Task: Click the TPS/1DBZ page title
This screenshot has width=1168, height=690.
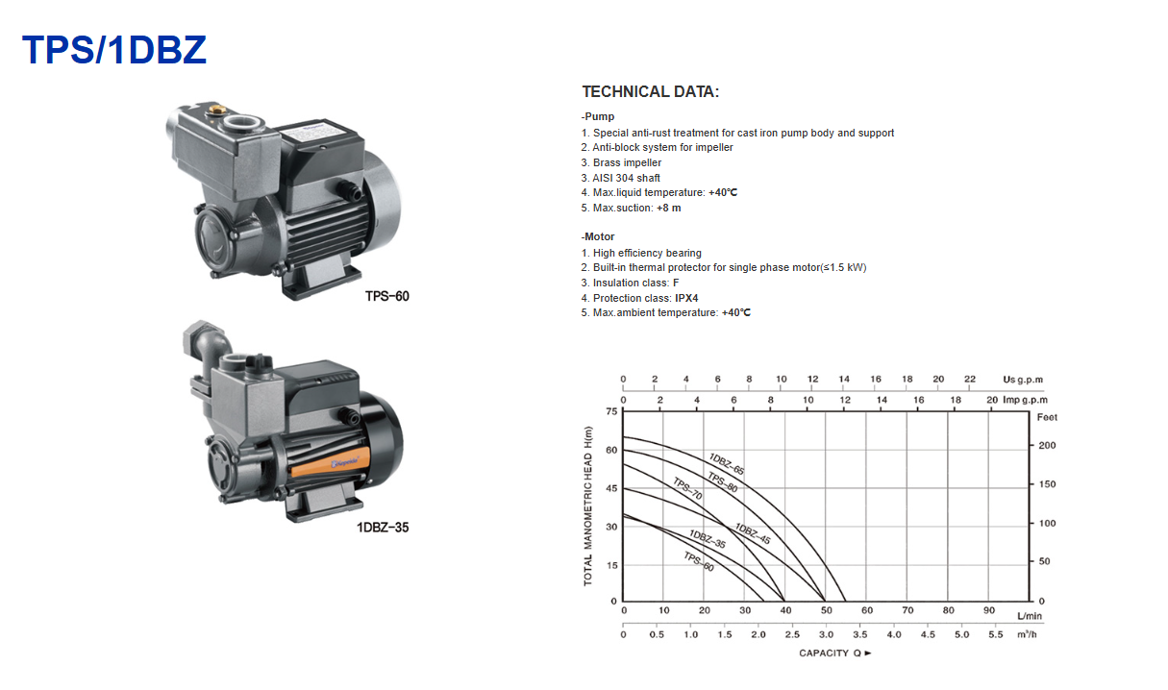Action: (x=114, y=50)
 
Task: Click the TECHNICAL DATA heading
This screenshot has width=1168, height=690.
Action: (x=650, y=91)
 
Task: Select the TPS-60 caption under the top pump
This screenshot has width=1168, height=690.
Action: (x=386, y=296)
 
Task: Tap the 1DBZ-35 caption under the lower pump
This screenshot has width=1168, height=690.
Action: (x=383, y=528)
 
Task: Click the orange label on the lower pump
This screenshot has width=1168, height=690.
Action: (x=330, y=463)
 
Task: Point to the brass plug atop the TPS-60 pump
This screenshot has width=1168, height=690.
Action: (x=216, y=110)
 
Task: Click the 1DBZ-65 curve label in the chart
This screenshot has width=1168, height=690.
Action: (x=727, y=464)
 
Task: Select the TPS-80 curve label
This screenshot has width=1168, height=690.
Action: (x=722, y=482)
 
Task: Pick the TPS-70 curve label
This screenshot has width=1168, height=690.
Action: (x=687, y=488)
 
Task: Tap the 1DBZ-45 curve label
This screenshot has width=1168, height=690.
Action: (x=753, y=533)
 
